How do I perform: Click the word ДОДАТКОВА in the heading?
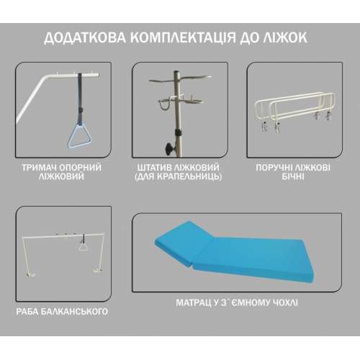[x=85, y=37]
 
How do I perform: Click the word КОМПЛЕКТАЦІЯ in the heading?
[x=184, y=37]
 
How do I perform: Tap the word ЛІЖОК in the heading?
[x=284, y=37]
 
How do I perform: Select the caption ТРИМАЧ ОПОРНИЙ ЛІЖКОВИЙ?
[x=61, y=172]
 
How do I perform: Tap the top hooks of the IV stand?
[x=180, y=78]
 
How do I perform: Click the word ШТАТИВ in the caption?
[x=154, y=168]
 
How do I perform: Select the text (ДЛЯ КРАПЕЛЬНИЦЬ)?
[x=178, y=176]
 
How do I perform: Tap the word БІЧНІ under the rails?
[x=293, y=176]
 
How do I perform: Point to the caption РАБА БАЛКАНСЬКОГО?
[x=62, y=312]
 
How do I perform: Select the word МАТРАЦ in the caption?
[x=194, y=302]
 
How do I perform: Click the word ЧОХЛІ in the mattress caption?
[x=285, y=302]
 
